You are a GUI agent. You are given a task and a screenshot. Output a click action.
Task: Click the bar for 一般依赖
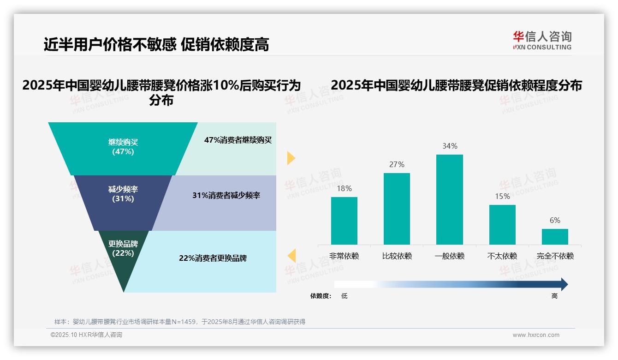click(x=449, y=199)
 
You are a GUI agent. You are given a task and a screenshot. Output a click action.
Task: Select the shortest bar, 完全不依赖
click(x=555, y=237)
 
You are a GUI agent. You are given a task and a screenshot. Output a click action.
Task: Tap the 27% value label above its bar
click(x=397, y=165)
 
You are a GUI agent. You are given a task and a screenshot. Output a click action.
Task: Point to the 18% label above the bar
click(x=344, y=188)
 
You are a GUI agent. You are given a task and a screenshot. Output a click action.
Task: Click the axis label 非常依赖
click(x=344, y=256)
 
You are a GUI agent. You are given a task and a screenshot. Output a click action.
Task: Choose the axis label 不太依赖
click(x=502, y=256)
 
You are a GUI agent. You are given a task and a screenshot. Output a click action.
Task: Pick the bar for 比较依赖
click(x=397, y=209)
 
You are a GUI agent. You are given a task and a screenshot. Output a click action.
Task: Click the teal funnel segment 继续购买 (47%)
click(x=123, y=148)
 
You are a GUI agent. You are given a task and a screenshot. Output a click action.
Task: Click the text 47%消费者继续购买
click(x=238, y=140)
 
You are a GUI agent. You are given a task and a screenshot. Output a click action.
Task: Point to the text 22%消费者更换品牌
click(x=213, y=258)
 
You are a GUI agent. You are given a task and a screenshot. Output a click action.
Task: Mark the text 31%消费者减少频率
click(x=226, y=196)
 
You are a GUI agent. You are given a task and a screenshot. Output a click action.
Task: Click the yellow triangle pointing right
click(x=291, y=158)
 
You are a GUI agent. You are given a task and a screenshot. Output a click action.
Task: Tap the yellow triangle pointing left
click(x=291, y=255)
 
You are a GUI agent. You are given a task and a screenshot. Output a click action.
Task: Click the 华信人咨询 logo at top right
click(x=542, y=40)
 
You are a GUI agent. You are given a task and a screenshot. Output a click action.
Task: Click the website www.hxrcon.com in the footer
click(x=536, y=335)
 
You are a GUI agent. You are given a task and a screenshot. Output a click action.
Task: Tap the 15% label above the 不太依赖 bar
click(x=502, y=197)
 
